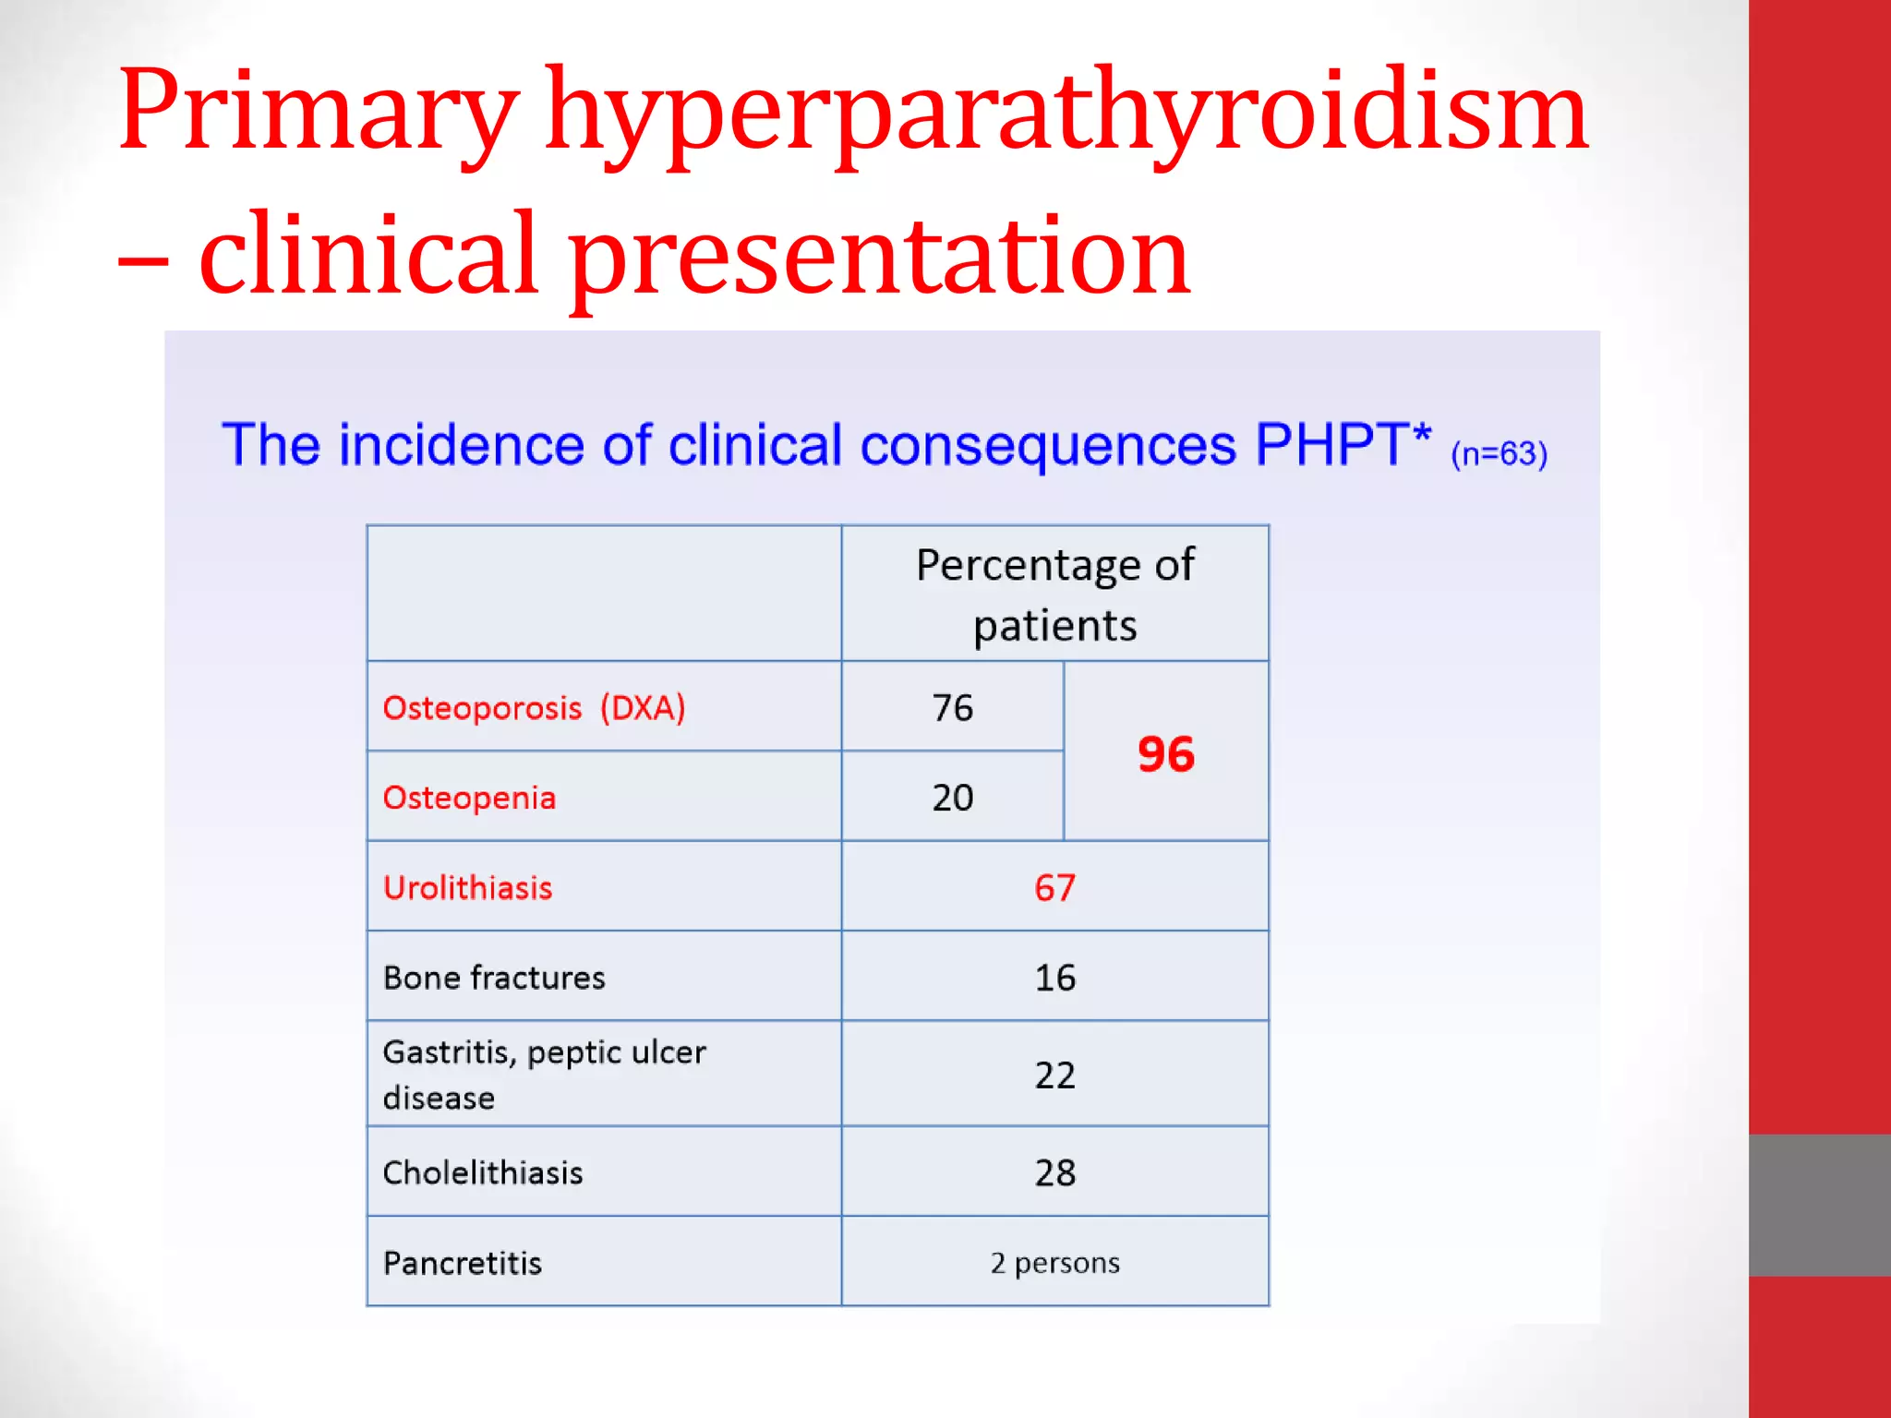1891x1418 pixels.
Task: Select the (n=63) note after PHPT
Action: [1499, 453]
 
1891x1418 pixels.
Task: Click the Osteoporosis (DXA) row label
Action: [534, 708]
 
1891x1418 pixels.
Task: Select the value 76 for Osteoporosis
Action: [952, 708]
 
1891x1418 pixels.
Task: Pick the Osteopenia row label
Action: [469, 798]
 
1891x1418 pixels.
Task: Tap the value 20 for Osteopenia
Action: [952, 798]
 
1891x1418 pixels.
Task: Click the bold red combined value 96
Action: [1165, 753]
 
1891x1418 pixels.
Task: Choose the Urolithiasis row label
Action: [467, 887]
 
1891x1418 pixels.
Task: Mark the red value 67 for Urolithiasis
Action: [1054, 887]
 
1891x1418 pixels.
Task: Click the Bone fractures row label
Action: [494, 977]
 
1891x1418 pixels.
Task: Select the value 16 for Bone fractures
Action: [1054, 977]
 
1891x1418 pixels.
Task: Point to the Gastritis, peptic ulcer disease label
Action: [543, 1074]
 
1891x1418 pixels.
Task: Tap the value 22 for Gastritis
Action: [1054, 1075]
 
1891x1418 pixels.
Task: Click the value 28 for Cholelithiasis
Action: [1054, 1172]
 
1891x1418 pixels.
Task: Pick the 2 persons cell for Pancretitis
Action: [1054, 1262]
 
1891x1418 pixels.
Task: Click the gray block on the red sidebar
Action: [1819, 1205]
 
